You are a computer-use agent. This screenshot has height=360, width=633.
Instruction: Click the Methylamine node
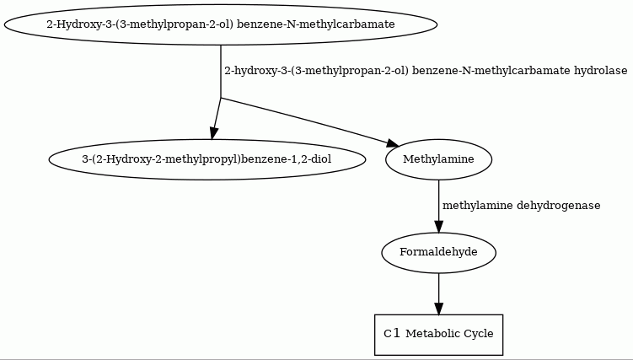point(439,159)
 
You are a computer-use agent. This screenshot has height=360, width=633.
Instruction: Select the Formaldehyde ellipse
point(438,252)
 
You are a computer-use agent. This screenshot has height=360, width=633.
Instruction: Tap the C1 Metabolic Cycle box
point(438,335)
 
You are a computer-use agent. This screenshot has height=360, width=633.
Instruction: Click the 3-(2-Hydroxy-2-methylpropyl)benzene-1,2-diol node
point(207,159)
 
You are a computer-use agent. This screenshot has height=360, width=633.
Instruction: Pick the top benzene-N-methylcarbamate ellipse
point(221,24)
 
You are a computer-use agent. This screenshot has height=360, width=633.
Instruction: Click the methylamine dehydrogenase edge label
point(521,206)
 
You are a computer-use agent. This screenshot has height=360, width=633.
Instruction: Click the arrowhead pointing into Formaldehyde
point(439,227)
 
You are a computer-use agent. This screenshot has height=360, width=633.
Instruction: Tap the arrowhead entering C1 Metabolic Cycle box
point(439,309)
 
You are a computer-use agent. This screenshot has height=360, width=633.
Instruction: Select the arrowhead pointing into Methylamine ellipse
point(393,143)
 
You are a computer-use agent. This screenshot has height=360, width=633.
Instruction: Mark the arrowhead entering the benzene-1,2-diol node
point(213,133)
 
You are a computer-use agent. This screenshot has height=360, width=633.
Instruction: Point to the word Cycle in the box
point(479,334)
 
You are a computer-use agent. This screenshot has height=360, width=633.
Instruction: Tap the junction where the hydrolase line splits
point(221,98)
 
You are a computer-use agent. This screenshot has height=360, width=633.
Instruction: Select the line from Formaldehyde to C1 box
point(439,288)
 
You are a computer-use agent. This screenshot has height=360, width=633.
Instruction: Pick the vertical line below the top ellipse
point(221,72)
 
